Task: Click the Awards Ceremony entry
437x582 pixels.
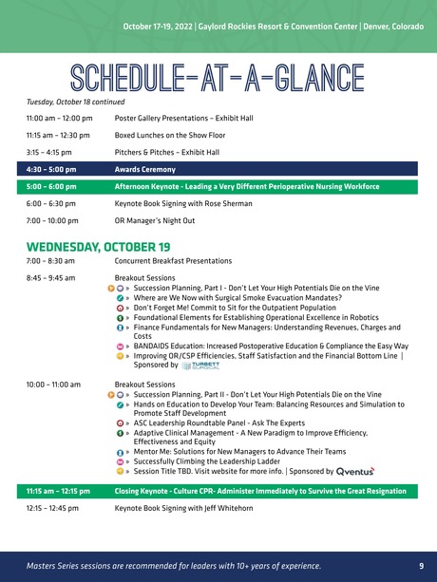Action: (x=144, y=169)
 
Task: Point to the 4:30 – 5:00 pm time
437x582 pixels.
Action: (x=51, y=169)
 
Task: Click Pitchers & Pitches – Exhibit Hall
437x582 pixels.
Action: (x=166, y=152)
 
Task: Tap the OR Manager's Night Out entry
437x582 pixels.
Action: (x=154, y=220)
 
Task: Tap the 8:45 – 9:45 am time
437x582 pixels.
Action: (x=52, y=276)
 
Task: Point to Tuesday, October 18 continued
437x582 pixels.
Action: (x=76, y=102)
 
